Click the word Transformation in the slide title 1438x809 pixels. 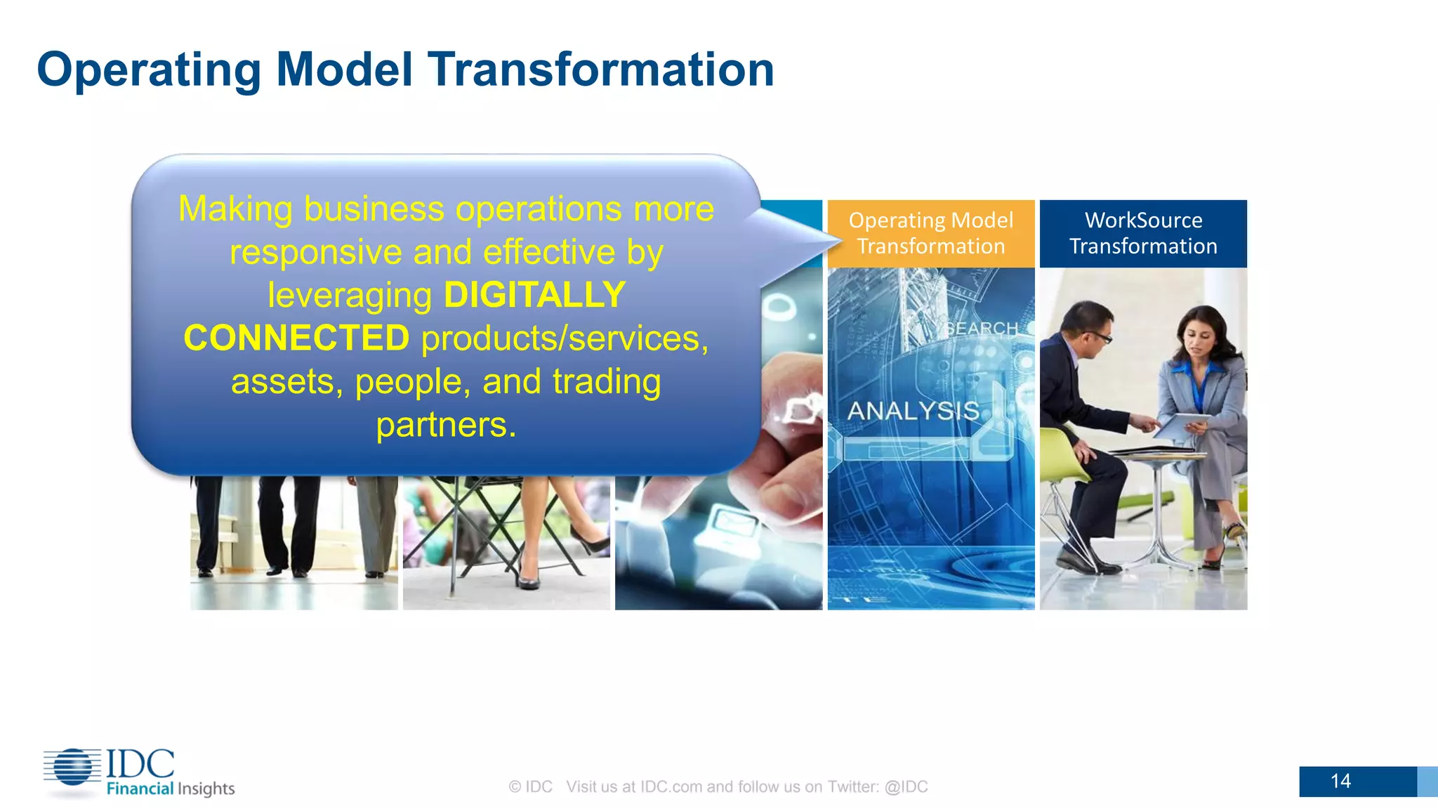pos(601,70)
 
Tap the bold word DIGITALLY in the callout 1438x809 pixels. pos(534,295)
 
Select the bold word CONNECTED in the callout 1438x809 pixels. pos(296,338)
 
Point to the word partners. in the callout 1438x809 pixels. pos(446,425)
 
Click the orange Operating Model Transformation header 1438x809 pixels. pos(931,233)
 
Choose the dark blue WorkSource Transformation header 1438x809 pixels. pos(1143,233)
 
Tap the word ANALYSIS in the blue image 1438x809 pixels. pos(913,411)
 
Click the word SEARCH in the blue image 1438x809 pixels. pos(982,329)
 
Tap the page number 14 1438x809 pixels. pos(1340,781)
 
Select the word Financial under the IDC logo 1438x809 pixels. pos(140,789)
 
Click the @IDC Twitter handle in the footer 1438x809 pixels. pos(906,787)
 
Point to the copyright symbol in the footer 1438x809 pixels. pos(515,787)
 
